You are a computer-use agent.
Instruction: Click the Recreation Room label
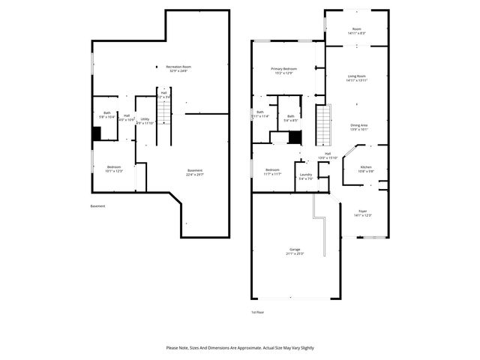(x=178, y=69)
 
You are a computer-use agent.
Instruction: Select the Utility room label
(x=145, y=120)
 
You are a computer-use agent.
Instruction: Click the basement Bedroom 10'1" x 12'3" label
(x=113, y=169)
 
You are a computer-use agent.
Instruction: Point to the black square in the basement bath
(x=97, y=133)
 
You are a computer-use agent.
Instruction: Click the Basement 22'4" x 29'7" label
(x=194, y=173)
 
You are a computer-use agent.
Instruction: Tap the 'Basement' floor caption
(x=97, y=206)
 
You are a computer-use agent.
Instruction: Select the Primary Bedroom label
(x=284, y=70)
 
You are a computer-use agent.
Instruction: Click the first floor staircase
(x=322, y=126)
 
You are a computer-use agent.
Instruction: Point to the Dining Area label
(x=359, y=127)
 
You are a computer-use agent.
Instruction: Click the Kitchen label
(x=366, y=169)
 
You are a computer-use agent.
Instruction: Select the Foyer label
(x=362, y=214)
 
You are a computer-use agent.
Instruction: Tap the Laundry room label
(x=305, y=177)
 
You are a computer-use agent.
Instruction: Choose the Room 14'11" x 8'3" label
(x=356, y=31)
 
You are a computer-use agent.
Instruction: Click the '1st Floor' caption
(x=258, y=311)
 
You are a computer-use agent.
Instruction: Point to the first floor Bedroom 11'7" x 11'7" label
(x=273, y=172)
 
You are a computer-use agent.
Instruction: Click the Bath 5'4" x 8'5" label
(x=290, y=118)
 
